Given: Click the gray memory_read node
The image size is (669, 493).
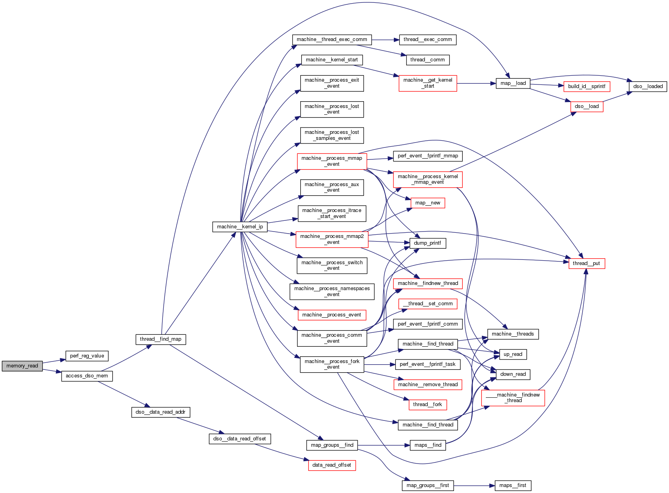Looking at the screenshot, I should point(22,366).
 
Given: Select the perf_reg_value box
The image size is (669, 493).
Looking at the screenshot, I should point(87,356).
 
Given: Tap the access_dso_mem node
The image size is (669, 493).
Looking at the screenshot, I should point(87,376).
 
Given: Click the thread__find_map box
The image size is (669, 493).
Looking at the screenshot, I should point(160,339).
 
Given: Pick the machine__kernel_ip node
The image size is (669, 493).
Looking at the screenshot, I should point(240,227).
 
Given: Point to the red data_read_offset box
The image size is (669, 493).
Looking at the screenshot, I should point(332,465).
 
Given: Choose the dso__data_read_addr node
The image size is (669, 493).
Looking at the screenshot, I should point(160,412).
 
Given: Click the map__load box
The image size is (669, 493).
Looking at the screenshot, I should point(513,83).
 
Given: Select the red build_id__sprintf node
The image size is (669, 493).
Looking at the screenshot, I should point(587,86).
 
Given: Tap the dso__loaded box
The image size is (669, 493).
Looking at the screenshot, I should point(648,86).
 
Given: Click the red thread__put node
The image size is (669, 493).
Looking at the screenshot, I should point(587,263).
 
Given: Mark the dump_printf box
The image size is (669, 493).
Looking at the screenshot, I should point(427,243).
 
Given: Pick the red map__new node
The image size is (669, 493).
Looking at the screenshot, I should point(428,203).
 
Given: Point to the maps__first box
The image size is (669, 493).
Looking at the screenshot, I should point(513,485).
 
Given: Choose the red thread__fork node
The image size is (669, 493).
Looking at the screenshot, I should point(428,405).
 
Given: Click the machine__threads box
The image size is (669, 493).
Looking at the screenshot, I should point(513,334).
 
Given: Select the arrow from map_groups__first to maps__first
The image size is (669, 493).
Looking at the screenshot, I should point(474,485).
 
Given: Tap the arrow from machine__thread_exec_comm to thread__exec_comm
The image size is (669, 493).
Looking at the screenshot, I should point(385,40).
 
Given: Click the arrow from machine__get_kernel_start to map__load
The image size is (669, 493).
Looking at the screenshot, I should point(476,83).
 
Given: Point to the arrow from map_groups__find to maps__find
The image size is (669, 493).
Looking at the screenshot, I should point(384,445).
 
